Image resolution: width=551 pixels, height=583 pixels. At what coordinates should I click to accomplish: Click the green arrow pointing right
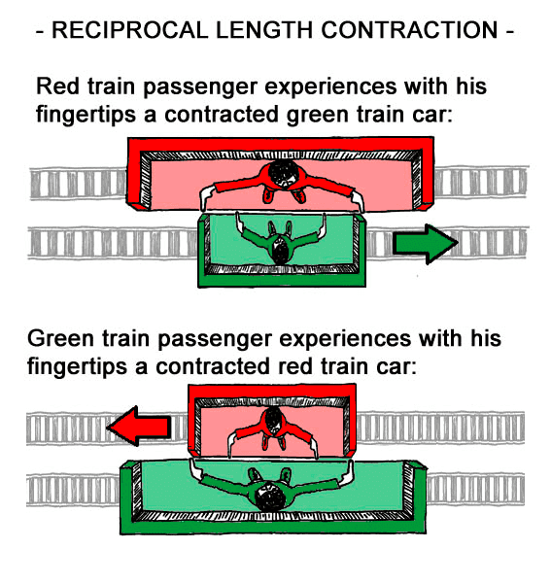click(425, 244)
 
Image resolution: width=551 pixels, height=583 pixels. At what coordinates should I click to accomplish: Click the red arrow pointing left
click(139, 426)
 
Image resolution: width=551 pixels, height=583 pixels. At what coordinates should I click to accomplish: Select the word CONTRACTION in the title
click(409, 30)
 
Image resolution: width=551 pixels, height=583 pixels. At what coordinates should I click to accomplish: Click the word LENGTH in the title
click(264, 30)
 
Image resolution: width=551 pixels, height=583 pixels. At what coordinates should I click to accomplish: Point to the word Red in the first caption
click(57, 86)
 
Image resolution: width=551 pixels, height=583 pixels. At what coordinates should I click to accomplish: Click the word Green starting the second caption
click(60, 339)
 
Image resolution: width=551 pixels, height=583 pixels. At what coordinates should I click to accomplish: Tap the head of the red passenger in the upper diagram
click(283, 173)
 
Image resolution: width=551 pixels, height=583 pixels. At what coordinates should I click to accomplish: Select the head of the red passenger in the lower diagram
click(274, 419)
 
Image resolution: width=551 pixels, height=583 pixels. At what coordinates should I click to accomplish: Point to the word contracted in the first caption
click(222, 115)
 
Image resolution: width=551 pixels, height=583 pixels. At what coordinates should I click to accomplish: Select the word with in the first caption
click(426, 86)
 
